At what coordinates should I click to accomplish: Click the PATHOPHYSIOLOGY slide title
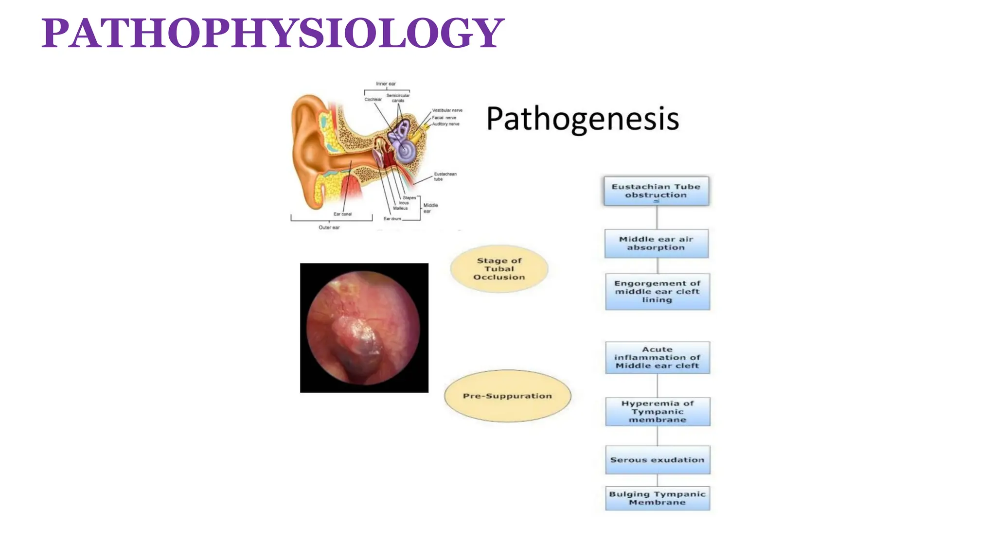pos(272,33)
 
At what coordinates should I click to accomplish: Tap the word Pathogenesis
pos(582,119)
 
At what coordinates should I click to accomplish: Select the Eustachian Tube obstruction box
pos(656,191)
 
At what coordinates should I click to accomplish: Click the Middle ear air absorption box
pos(656,243)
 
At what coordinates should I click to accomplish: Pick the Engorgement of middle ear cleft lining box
pos(657,291)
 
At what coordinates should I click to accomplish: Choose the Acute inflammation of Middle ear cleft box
pos(657,357)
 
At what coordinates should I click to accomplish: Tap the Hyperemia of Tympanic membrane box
pos(657,411)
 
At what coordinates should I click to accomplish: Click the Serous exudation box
pos(657,459)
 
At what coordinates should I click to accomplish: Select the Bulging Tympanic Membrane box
pos(657,498)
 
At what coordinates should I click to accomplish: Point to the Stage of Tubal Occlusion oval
pos(499,269)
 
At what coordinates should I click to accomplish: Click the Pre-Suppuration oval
pos(507,396)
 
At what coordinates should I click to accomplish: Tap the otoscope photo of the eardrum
pos(364,328)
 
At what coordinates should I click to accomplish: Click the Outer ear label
pos(329,227)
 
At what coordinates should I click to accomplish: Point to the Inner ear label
pos(386,84)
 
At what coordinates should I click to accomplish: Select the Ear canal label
pos(342,214)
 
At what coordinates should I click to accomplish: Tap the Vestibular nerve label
pos(447,110)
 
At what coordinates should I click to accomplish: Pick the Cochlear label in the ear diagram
pos(373,100)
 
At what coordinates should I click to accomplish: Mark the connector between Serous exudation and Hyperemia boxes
pos(657,436)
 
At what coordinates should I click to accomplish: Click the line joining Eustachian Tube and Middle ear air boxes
pos(657,217)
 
